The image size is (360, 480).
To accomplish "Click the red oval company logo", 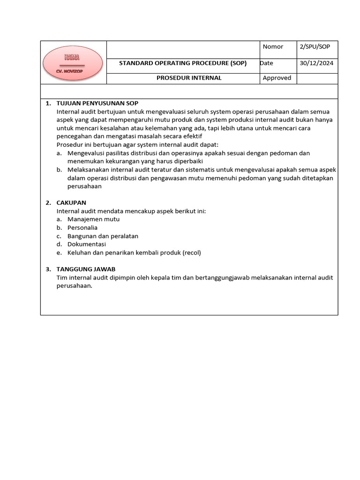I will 73,63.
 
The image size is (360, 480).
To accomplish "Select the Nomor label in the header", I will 273,46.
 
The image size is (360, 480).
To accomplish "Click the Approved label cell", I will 277,78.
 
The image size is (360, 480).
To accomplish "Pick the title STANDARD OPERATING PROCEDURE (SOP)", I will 183,63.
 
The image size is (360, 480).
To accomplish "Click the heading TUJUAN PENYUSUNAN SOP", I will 97,103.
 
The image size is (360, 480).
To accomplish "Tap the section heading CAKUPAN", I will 71,202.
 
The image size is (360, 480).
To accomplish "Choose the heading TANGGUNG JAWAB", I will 86,269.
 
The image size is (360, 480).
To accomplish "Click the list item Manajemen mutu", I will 93,219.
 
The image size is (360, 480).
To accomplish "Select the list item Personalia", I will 82,227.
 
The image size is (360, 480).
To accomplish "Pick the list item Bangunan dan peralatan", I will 103,236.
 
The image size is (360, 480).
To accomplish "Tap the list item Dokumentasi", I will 87,244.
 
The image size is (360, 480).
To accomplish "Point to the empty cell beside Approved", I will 317,78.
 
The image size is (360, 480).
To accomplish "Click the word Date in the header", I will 266,63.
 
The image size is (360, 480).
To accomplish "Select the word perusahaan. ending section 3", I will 75,286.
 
